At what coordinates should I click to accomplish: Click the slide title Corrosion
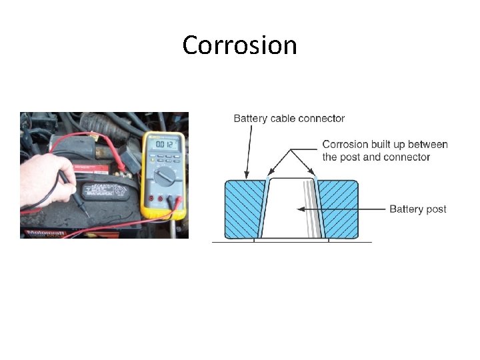point(239,45)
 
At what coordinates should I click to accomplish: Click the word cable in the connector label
point(286,119)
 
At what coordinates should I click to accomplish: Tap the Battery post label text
point(417,209)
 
